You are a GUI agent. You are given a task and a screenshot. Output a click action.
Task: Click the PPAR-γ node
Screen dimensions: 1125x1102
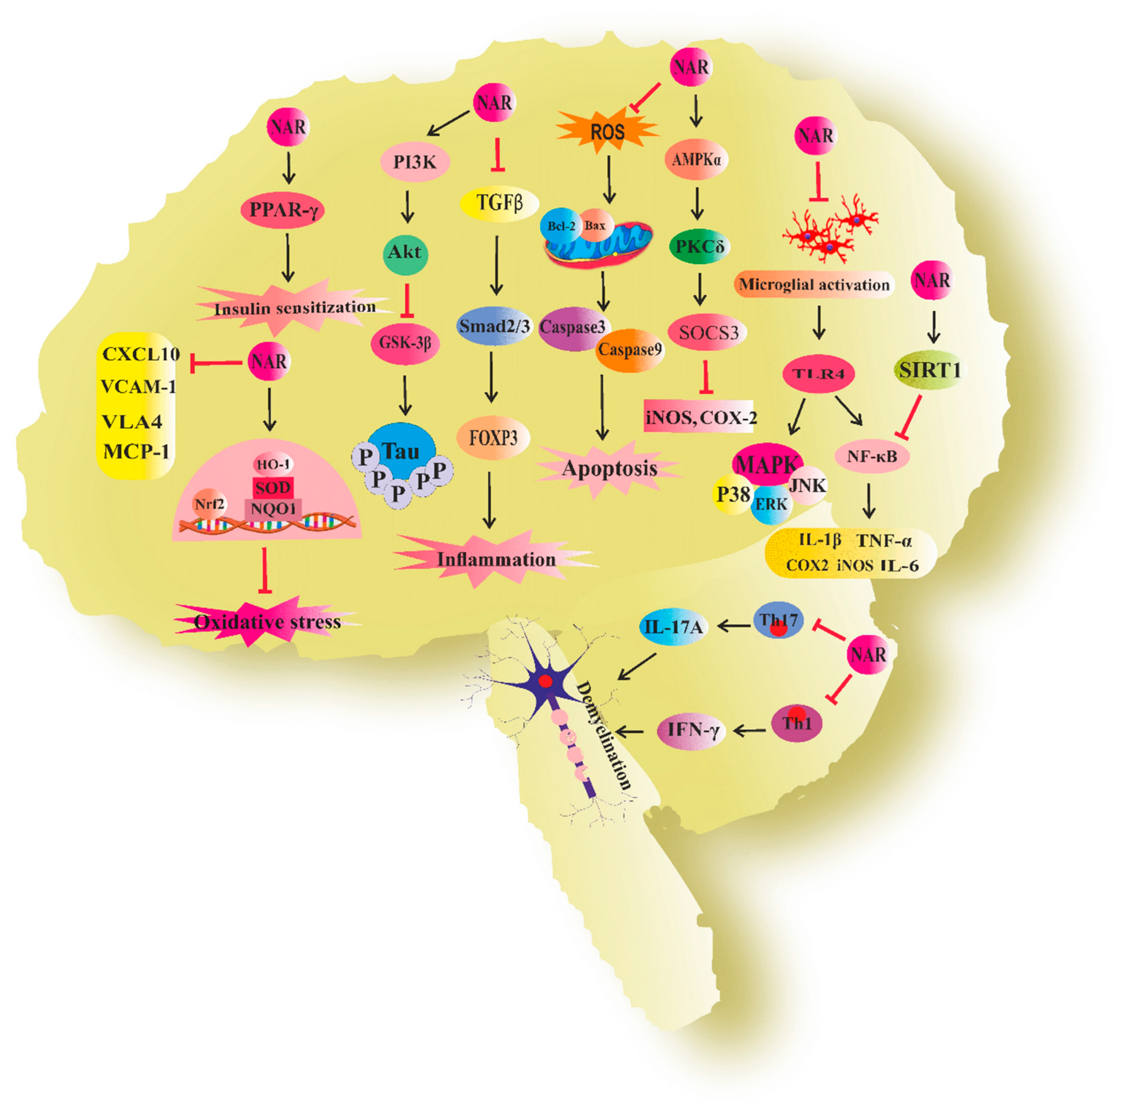[x=282, y=210]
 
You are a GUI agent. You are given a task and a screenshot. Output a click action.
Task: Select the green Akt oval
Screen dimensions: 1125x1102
[x=405, y=252]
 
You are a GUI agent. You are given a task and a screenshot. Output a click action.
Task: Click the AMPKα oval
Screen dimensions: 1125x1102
[x=696, y=158]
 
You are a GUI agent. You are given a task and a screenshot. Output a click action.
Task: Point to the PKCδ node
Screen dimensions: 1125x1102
[x=699, y=246]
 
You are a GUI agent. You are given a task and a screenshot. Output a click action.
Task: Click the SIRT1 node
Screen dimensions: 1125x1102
[x=930, y=369]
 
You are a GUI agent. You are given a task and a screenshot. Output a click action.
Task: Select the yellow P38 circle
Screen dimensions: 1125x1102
[x=733, y=495]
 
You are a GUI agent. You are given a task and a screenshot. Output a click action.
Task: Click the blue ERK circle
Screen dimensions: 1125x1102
[x=771, y=505]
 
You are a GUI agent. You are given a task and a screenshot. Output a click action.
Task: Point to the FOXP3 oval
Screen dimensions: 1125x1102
[x=493, y=438]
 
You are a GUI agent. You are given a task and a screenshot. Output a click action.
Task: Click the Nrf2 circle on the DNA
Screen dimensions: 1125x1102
[x=210, y=505]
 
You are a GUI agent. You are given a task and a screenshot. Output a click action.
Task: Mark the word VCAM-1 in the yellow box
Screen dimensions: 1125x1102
[x=138, y=386]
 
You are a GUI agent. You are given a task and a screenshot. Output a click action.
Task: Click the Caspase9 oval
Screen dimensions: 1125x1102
[x=630, y=350]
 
